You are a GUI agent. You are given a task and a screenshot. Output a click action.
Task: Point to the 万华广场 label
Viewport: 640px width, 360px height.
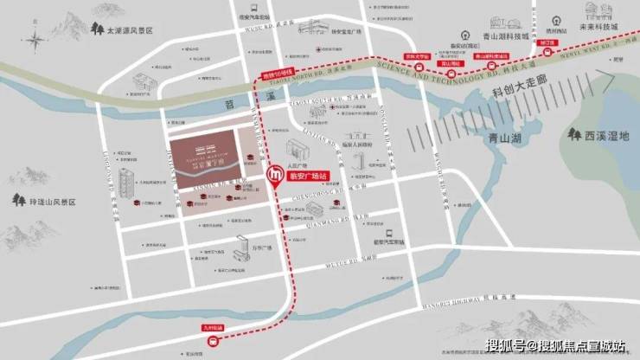tap(262, 248)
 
